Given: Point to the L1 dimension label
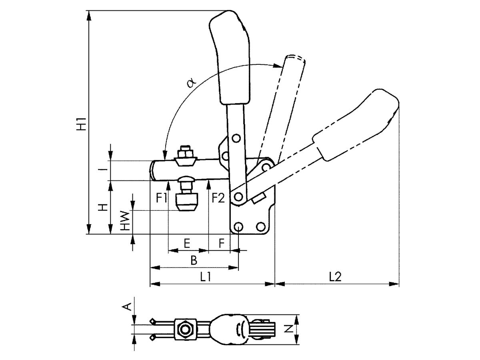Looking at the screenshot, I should (x=205, y=276).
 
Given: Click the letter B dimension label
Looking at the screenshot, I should (x=194, y=260).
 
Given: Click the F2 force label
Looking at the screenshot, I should (x=218, y=198).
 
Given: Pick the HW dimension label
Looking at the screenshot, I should (x=125, y=221).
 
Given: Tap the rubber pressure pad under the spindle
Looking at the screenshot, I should (x=187, y=203).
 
